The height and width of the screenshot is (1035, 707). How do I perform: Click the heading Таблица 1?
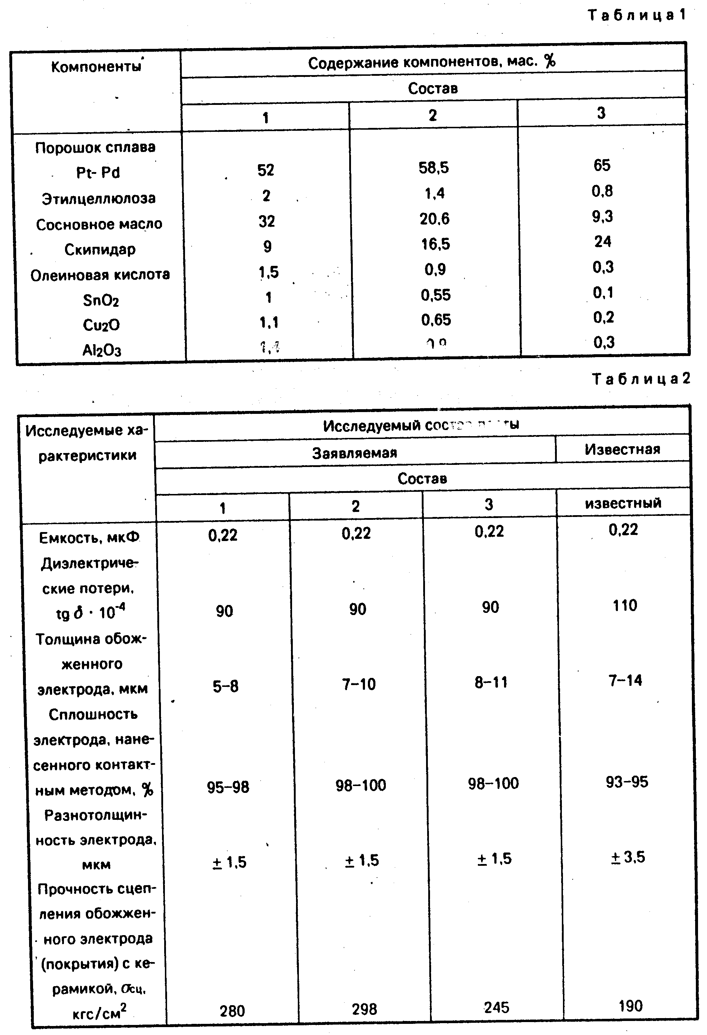(x=637, y=15)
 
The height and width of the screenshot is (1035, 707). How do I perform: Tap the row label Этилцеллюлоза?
(x=99, y=198)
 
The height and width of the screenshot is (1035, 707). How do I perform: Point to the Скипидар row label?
(x=100, y=249)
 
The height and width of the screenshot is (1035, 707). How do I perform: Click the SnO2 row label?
(x=101, y=300)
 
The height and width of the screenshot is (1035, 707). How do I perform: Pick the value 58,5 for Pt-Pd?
(x=434, y=168)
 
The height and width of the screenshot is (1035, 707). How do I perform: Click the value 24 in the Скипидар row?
(x=602, y=241)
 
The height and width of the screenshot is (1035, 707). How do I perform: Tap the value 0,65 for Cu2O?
(x=436, y=320)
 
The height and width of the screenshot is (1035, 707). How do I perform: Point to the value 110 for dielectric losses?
(x=625, y=606)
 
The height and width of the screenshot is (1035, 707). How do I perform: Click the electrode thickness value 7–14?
(x=625, y=680)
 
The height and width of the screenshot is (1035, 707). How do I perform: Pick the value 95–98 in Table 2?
(x=228, y=787)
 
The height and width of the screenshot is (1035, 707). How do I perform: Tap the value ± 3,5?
(x=627, y=857)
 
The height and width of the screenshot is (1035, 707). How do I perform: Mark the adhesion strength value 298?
(x=364, y=1009)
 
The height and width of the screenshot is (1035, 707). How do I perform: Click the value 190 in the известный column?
(x=630, y=1006)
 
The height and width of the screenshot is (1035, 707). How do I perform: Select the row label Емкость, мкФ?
(x=89, y=538)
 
